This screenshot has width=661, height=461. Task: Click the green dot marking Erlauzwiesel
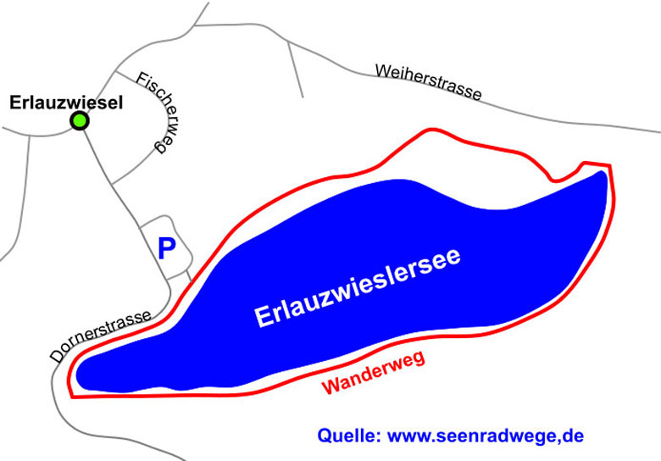(x=80, y=121)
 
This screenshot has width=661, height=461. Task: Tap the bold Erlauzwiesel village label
(x=67, y=103)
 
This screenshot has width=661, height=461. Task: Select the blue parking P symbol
(x=167, y=248)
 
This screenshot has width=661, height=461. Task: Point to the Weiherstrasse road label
(x=429, y=82)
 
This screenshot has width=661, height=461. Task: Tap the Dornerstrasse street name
(x=101, y=336)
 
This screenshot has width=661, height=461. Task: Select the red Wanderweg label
(x=373, y=374)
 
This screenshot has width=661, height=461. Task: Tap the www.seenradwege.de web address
(x=486, y=436)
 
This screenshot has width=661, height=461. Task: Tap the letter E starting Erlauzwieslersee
(x=264, y=319)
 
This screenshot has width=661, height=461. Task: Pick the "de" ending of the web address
(x=574, y=436)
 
